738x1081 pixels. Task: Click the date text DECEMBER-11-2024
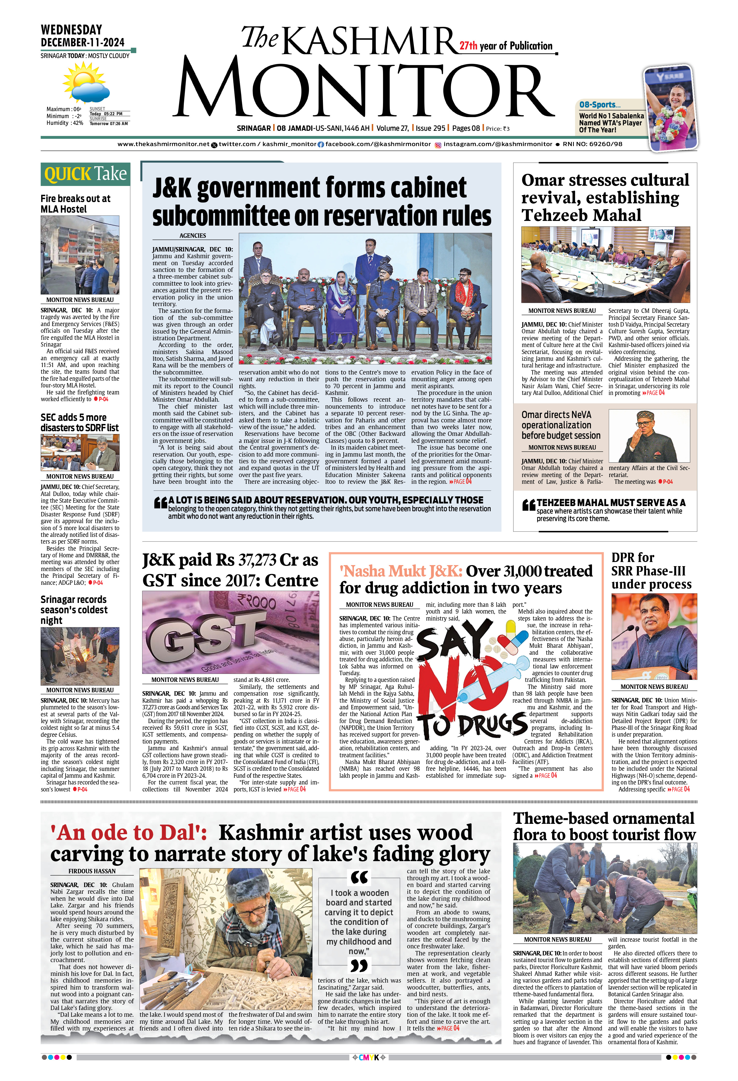pos(83,42)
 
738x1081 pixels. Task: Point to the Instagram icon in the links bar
pos(438,145)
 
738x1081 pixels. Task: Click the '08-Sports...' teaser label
pos(599,105)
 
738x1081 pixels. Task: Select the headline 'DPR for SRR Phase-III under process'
pos(651,571)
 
